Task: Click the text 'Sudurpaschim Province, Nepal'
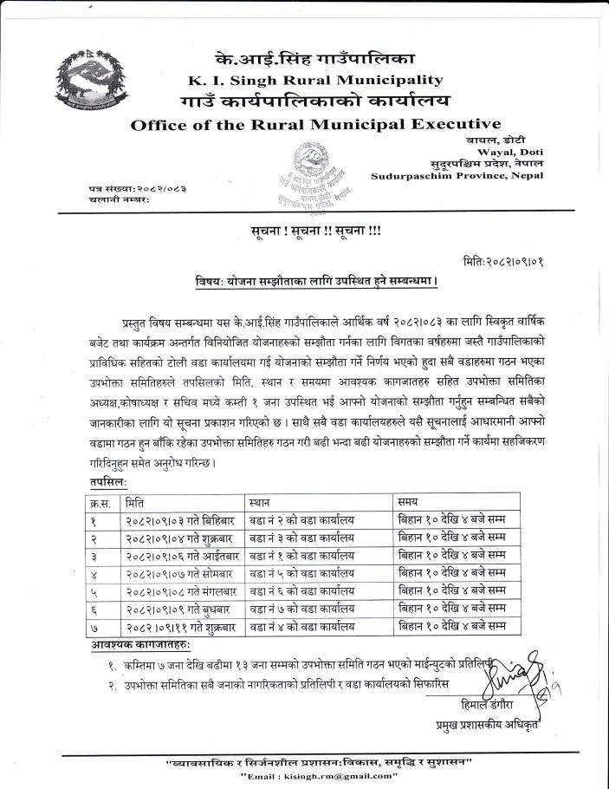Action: pyautogui.click(x=457, y=175)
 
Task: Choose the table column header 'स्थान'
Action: pyautogui.click(x=259, y=502)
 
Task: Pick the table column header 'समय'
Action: pyautogui.click(x=408, y=502)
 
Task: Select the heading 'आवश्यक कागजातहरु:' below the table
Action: pyautogui.click(x=141, y=645)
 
